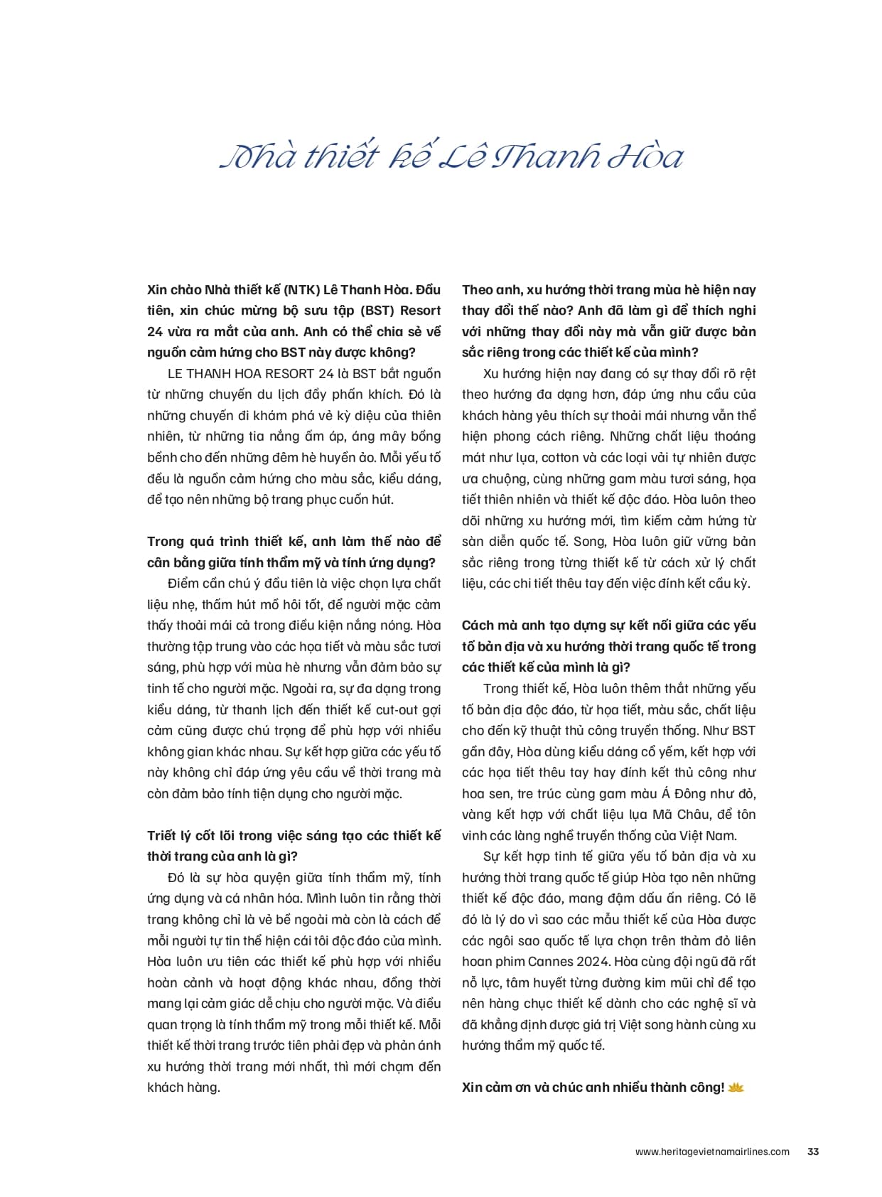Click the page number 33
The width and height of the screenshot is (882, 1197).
(x=813, y=1152)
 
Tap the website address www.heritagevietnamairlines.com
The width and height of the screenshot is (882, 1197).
(x=712, y=1152)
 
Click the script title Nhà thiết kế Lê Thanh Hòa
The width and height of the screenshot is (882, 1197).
(x=452, y=156)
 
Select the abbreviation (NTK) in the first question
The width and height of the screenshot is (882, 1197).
(x=302, y=289)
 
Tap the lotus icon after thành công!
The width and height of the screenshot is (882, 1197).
(x=736, y=1088)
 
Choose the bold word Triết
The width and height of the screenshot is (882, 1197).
(x=163, y=836)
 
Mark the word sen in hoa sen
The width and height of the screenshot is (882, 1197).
(x=503, y=794)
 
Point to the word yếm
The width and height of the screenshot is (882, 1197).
(x=674, y=752)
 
